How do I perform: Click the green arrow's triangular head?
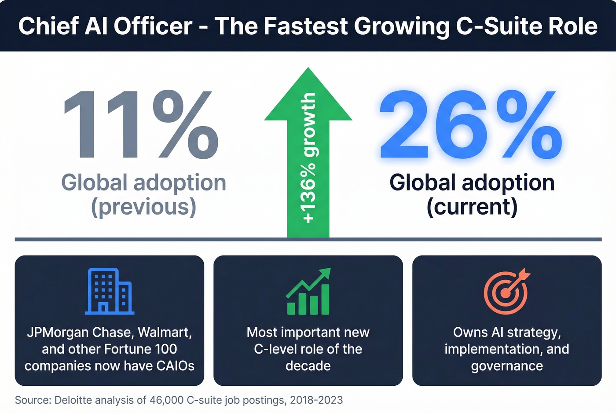click(308, 97)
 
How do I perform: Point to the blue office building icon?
click(109, 291)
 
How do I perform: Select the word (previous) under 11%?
click(143, 207)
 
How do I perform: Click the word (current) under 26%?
click(472, 207)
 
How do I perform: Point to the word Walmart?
click(164, 332)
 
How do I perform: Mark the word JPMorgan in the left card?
click(58, 332)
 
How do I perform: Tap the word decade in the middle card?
click(308, 366)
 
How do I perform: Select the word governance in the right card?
click(507, 366)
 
